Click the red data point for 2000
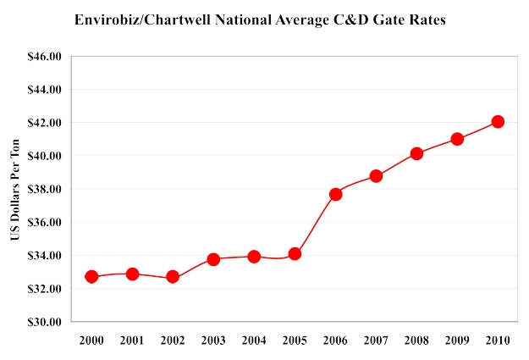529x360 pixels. coord(91,277)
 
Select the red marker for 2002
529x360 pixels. coord(173,277)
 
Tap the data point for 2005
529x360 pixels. coord(295,253)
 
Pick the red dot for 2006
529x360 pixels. coord(335,194)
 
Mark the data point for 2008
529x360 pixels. coord(416,153)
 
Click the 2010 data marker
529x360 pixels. coord(498,121)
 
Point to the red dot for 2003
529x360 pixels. coord(213,259)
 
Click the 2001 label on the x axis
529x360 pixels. coord(132,340)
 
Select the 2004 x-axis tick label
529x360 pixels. coord(254,340)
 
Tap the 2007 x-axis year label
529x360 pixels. coord(376,340)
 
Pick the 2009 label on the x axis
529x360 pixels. coord(457,340)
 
